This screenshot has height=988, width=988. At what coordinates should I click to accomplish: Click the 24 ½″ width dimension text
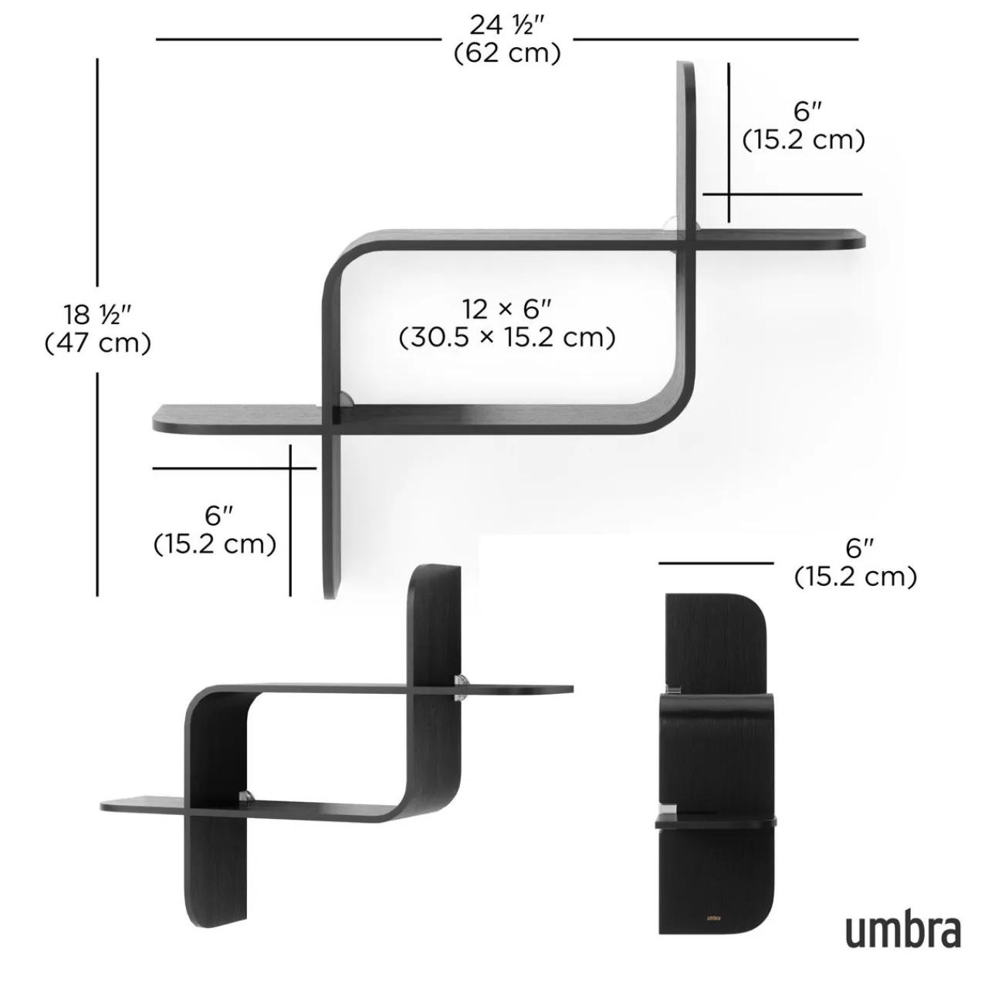507,25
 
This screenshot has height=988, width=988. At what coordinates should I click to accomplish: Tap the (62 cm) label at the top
507,53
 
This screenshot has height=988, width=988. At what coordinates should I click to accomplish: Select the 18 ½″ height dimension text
98,314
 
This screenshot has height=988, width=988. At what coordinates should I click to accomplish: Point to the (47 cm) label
98,342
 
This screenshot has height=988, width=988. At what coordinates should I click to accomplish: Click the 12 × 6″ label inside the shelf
507,309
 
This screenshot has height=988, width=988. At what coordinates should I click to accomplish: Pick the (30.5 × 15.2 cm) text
507,337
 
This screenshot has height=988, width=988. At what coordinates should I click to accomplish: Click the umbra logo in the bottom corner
903,931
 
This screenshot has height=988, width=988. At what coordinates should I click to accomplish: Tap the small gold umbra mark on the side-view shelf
714,918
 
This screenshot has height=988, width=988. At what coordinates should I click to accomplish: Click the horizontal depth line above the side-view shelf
716,563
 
